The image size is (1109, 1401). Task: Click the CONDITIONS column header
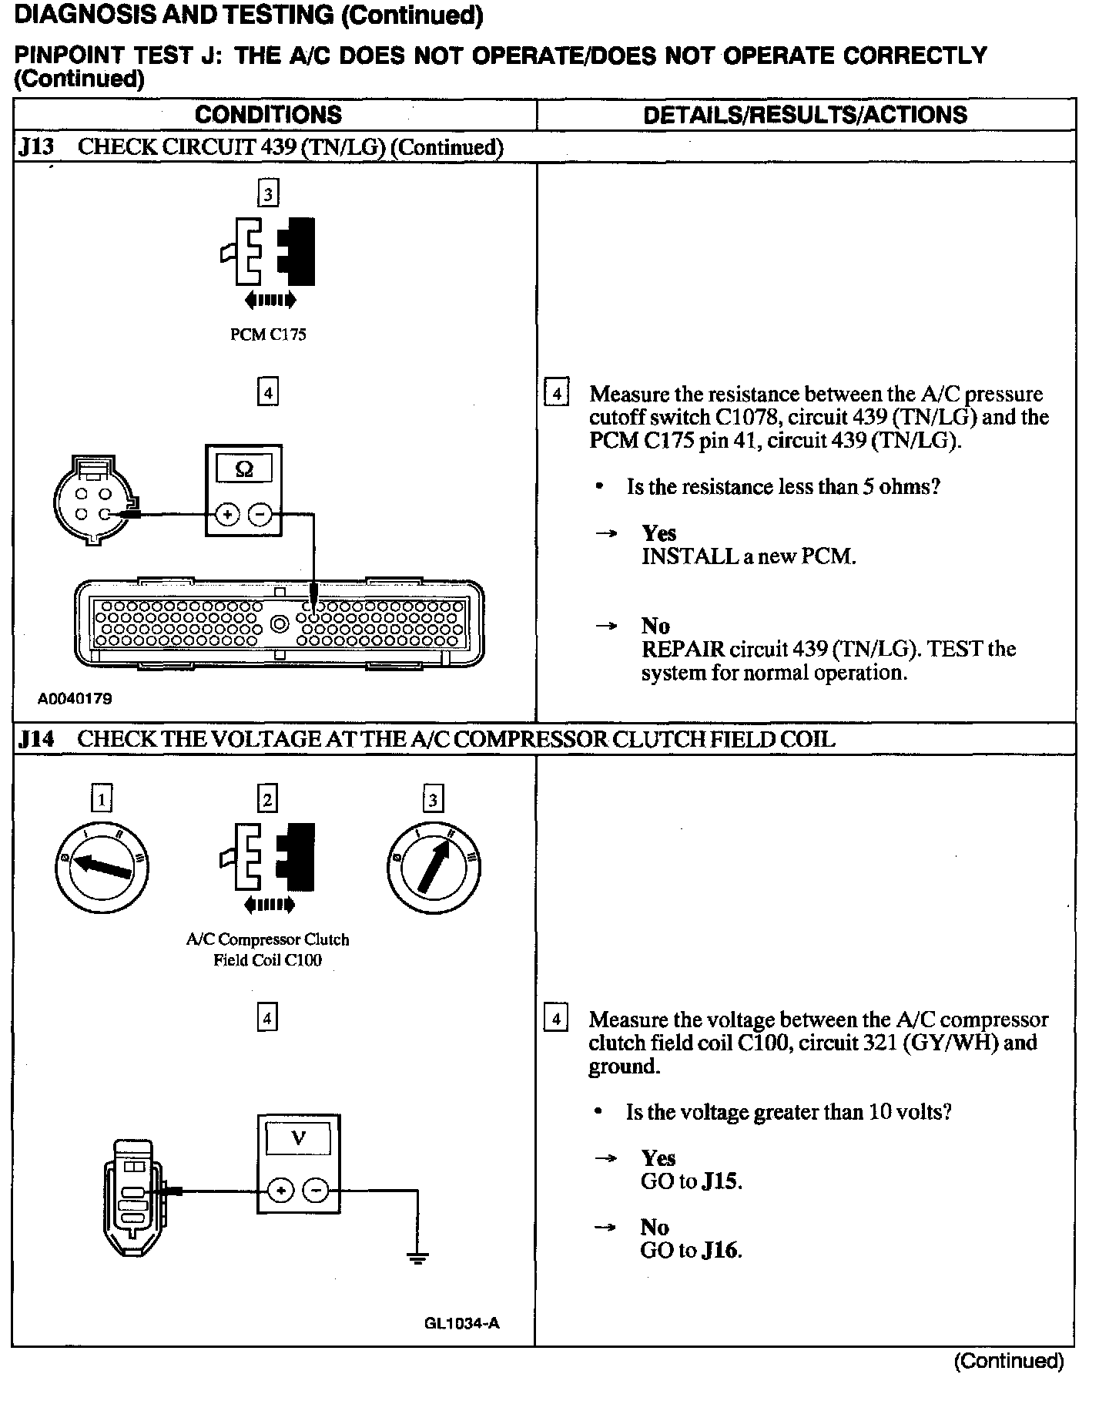268,115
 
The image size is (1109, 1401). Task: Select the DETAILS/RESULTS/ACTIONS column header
805,115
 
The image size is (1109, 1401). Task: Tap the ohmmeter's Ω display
243,469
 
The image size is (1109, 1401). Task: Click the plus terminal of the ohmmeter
226,514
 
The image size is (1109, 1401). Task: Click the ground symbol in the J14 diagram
417,1258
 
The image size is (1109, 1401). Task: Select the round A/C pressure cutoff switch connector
92,501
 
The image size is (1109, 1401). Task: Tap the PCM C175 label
268,334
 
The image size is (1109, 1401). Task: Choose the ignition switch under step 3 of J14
434,867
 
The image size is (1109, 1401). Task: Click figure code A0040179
75,699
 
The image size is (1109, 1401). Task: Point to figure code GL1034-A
461,1323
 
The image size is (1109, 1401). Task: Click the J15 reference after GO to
721,1181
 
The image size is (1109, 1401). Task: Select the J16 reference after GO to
721,1250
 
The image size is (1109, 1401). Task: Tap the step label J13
35,147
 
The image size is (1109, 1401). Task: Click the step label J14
35,739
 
